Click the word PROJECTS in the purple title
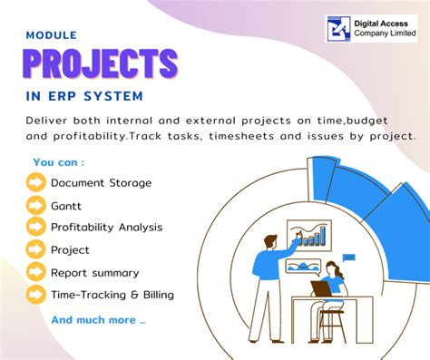coord(101,64)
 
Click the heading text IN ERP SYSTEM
coord(84,95)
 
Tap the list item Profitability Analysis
coord(108,227)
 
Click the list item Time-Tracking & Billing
coord(112,294)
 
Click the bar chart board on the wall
coord(308,235)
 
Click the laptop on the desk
coord(320,289)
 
